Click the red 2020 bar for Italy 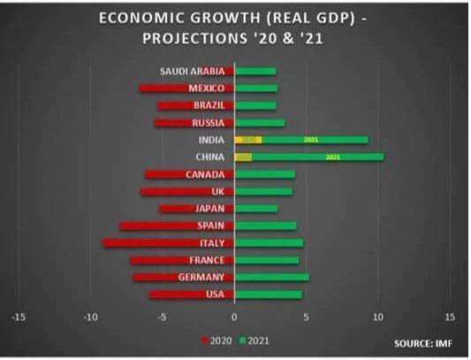[168, 243]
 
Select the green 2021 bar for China [318, 157]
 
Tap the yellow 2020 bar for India [248, 140]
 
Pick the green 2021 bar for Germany [272, 278]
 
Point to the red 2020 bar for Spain [177, 226]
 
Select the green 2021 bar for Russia [260, 123]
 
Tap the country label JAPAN [210, 209]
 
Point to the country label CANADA [205, 174]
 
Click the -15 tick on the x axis [18, 317]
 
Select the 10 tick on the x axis [378, 317]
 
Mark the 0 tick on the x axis [234, 317]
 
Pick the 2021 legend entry [254, 339]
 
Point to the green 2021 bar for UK [263, 192]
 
